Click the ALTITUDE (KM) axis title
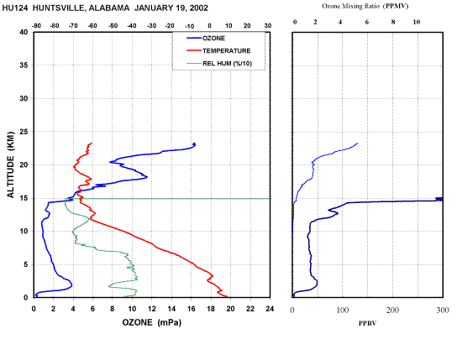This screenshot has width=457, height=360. coord(10,164)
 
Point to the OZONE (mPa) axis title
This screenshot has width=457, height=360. coord(151,322)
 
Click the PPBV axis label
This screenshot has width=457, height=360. coord(367,323)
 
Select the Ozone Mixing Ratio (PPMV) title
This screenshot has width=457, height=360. coord(365,6)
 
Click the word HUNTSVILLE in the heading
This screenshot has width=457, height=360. coord(58,8)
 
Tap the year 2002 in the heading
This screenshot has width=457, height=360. coord(199,8)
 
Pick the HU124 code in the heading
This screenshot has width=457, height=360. coord(15,8)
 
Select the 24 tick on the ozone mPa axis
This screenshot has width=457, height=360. coord(270,309)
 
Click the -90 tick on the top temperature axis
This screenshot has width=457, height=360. coord(36,26)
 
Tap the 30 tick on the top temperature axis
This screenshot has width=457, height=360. coord(267,26)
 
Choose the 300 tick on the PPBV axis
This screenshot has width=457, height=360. coord(443,310)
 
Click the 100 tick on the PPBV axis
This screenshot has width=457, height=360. coord(343,310)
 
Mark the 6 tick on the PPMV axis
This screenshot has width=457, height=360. coord(367,22)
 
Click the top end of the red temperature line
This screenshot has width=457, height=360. coord(92,143)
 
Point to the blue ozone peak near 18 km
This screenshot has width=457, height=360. coord(147,177)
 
